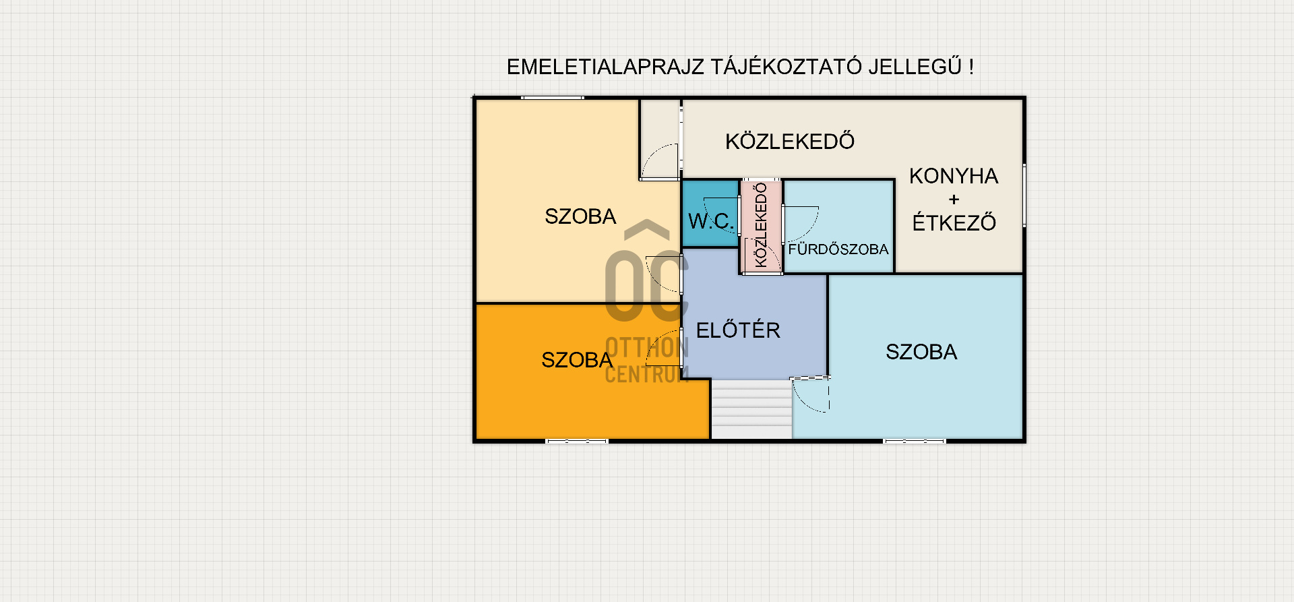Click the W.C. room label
(710, 221)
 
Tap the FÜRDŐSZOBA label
(838, 249)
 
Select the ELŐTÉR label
(738, 330)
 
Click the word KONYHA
(953, 176)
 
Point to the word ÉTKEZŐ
(954, 222)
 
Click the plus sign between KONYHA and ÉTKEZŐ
(954, 200)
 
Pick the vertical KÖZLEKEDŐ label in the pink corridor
(761, 225)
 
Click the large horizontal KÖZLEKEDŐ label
(790, 142)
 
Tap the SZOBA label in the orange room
(577, 360)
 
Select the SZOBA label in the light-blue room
(921, 352)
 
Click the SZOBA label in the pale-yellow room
(580, 216)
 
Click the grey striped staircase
(751, 409)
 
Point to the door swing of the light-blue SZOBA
(811, 395)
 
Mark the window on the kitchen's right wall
(1024, 195)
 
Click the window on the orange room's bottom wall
(577, 441)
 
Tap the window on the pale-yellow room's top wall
(553, 98)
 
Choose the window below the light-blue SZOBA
(915, 441)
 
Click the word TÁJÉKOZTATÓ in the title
(786, 67)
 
